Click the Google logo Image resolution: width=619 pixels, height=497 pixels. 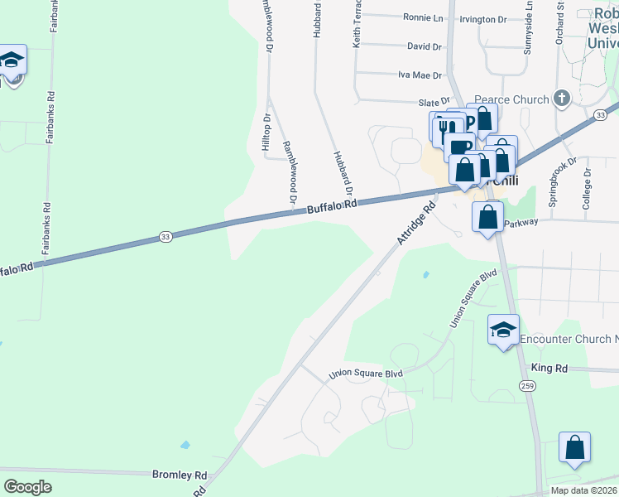coord(28,487)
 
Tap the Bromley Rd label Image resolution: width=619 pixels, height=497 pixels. coord(179,475)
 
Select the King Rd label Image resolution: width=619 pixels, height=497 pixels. coord(549,368)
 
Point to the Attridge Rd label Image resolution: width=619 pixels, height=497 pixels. coord(415,224)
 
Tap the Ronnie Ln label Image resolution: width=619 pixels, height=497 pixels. coord(424,17)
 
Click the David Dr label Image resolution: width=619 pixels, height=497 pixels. coord(425,46)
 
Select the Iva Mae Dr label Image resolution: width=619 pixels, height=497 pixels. coord(420,75)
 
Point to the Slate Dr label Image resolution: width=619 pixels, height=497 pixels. coord(433,102)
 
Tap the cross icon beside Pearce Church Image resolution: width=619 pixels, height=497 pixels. coord(562,99)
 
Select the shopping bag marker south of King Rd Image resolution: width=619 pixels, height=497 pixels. coord(574,448)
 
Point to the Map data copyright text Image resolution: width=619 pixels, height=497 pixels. coord(583,490)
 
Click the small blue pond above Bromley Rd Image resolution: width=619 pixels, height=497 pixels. coord(184,445)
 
